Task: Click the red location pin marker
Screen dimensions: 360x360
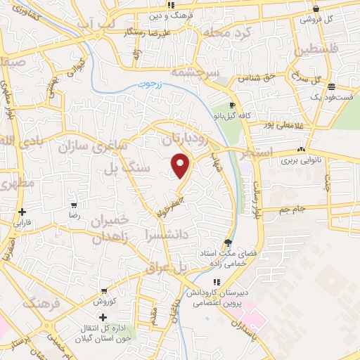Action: (x=181, y=166)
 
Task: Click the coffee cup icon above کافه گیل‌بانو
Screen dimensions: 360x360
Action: (x=232, y=105)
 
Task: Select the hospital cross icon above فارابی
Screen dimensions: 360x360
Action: (x=22, y=212)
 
